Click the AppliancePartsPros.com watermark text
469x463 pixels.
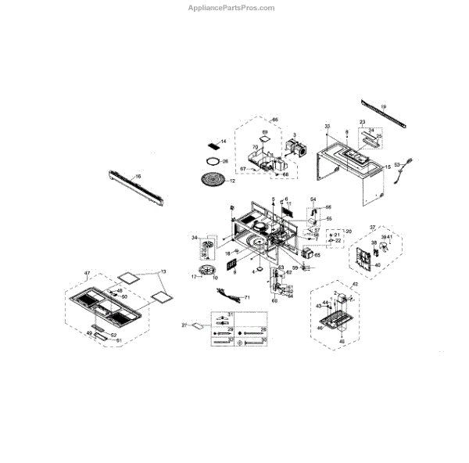[232, 8]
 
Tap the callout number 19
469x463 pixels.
[384, 106]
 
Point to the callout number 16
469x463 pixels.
[138, 177]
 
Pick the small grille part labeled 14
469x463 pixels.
[213, 145]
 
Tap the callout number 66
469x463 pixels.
[274, 119]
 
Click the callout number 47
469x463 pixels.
[88, 272]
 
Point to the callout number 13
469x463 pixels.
[163, 271]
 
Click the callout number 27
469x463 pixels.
[184, 325]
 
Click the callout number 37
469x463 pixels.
[373, 227]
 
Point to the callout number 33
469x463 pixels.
[328, 126]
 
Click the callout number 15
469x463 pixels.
[388, 167]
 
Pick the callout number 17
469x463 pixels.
[194, 276]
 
